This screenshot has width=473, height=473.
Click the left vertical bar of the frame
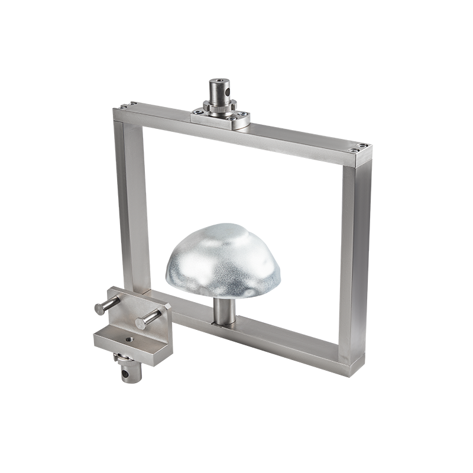tap(131, 201)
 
